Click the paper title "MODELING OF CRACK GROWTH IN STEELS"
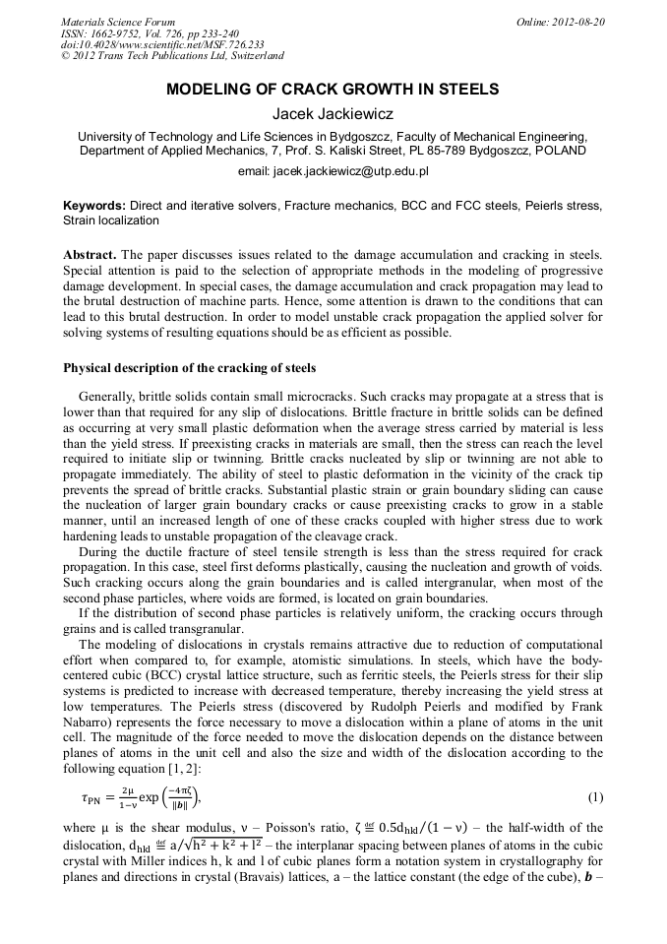(x=333, y=90)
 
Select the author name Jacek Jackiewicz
(x=333, y=113)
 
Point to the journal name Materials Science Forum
(x=118, y=22)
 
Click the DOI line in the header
(x=161, y=45)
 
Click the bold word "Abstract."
(x=91, y=255)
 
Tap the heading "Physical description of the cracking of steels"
(x=189, y=368)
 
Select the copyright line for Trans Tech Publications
(x=172, y=57)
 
